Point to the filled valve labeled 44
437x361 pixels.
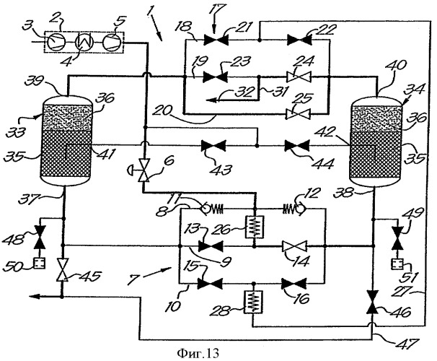click(x=296, y=146)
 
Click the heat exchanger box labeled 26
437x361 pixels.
click(x=254, y=227)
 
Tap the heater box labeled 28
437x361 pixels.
click(x=253, y=302)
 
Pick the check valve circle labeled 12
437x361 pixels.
click(x=301, y=208)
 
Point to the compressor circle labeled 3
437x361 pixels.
click(x=56, y=42)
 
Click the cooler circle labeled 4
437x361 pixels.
click(x=84, y=42)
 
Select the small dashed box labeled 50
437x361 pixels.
click(x=39, y=263)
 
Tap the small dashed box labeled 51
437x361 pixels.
click(x=397, y=264)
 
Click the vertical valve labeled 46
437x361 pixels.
click(x=373, y=302)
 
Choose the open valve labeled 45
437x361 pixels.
click(x=62, y=270)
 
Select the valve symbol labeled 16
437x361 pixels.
click(x=294, y=284)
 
